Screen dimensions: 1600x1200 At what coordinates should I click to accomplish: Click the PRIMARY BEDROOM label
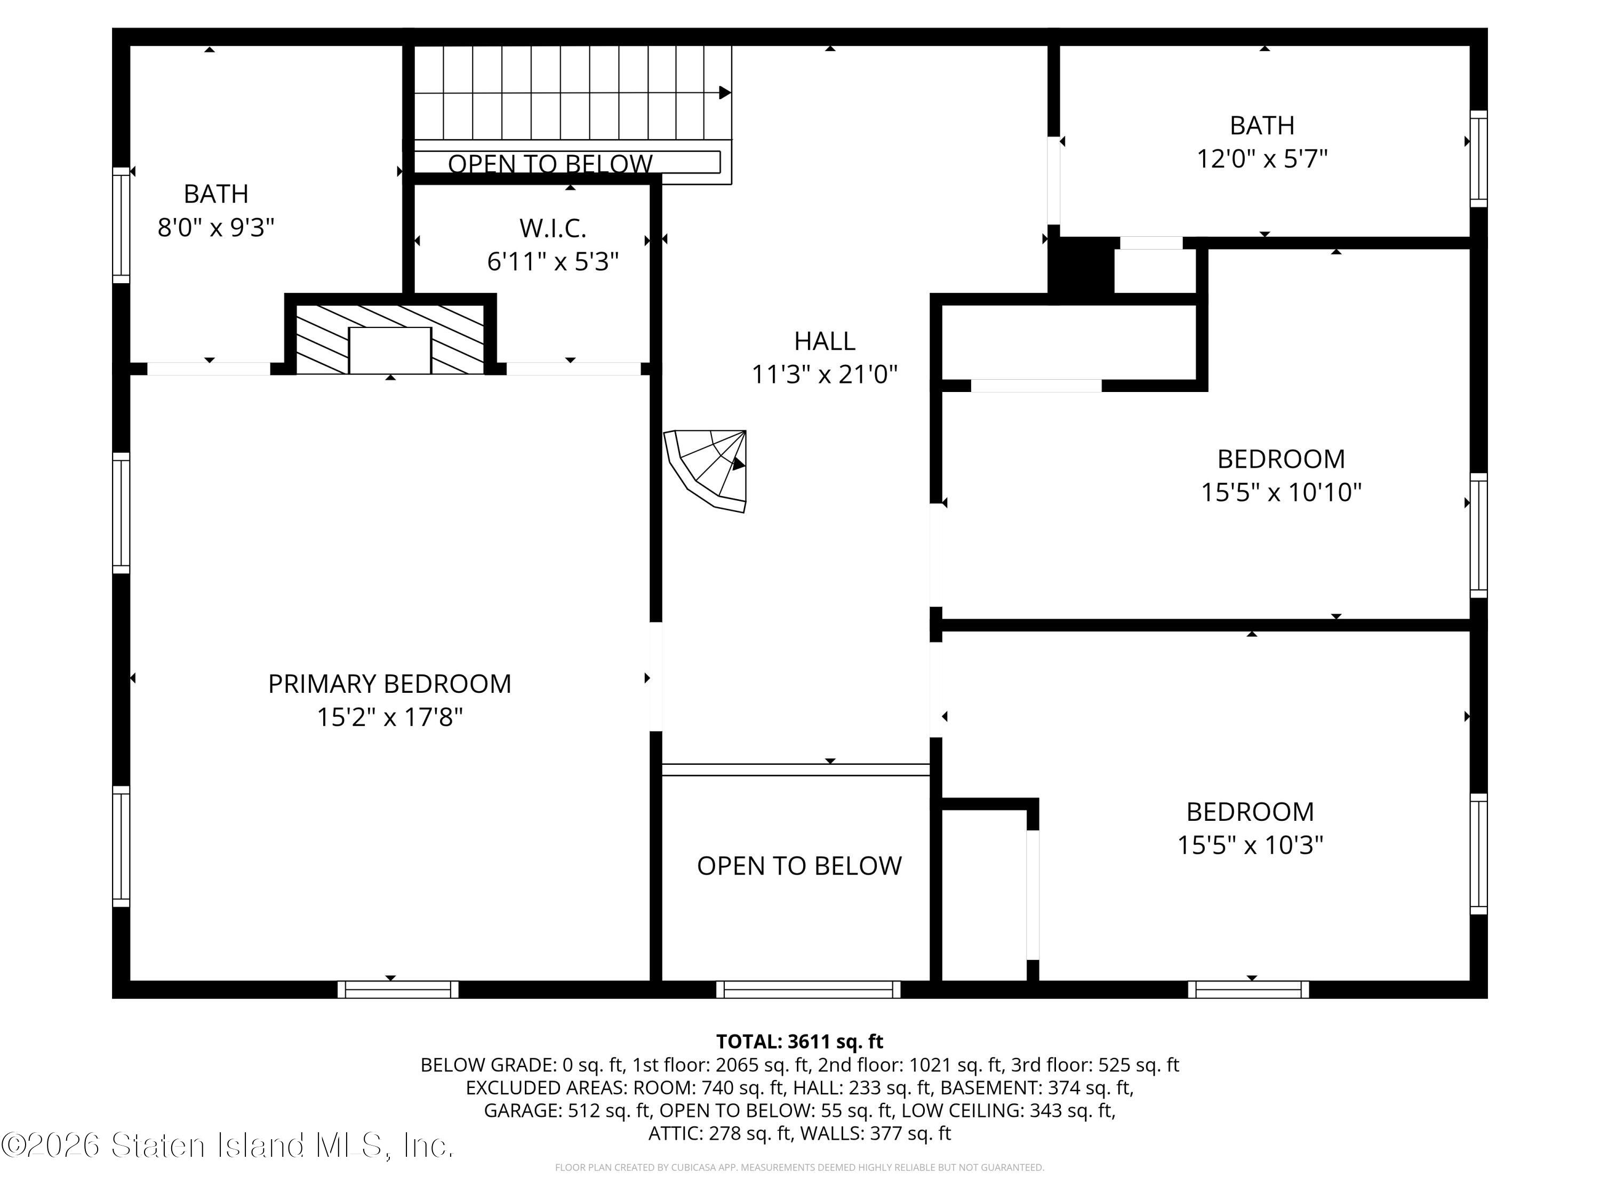(389, 684)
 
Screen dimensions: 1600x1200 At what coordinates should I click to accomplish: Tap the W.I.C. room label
(553, 229)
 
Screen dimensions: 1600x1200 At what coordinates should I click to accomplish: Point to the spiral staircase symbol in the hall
(707, 471)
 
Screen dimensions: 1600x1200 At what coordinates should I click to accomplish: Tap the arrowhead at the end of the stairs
(725, 93)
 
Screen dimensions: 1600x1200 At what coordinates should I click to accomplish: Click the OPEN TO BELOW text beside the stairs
(550, 164)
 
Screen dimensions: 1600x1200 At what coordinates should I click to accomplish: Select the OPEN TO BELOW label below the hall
(799, 866)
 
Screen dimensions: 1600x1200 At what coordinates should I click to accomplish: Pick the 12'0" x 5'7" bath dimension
(1262, 159)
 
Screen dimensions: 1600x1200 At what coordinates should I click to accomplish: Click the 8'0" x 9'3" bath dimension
(217, 228)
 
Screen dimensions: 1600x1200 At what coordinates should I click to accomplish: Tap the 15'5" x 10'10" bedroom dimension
(1281, 493)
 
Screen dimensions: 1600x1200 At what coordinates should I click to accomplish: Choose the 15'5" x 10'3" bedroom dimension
(1250, 845)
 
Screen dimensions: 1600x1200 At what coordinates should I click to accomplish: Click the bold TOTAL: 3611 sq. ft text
(799, 1042)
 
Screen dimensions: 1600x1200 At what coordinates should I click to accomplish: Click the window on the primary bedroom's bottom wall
(398, 989)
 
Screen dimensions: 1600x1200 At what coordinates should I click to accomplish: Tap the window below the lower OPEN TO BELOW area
(808, 989)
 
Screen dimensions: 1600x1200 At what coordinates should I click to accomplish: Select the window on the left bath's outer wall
(121, 225)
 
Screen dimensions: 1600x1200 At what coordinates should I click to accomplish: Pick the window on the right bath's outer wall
(1478, 159)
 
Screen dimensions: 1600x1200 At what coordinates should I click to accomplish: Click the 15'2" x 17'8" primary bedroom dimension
(389, 717)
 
